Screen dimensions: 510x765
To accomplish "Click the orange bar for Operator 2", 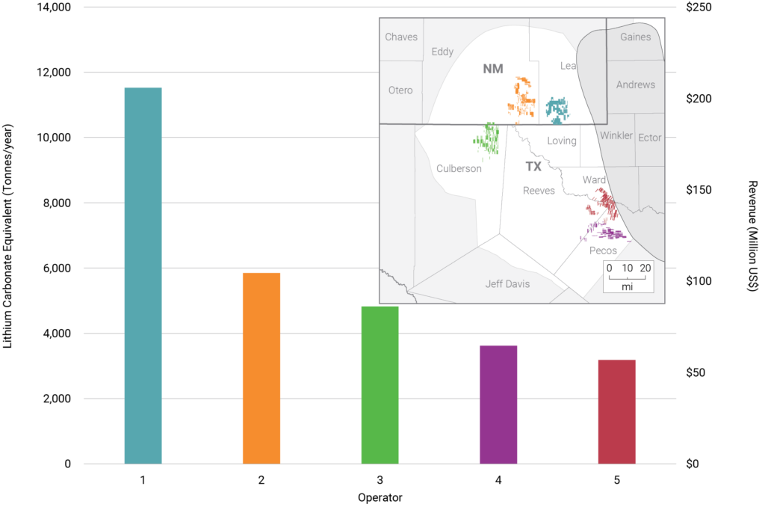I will (x=261, y=368).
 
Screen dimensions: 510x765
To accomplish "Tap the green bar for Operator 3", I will (x=380, y=384).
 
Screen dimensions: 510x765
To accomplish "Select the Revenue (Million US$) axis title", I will (x=753, y=236).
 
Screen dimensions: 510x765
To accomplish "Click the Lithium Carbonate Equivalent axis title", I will (x=8, y=236).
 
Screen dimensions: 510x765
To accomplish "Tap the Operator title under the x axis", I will (x=380, y=497).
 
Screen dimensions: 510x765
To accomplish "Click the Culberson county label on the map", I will (x=459, y=169).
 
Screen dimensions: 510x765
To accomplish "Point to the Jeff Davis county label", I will (x=506, y=284).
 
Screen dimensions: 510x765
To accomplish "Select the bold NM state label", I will (x=493, y=69).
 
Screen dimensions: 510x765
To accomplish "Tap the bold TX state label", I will (x=533, y=166).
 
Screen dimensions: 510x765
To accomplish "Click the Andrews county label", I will (x=635, y=85).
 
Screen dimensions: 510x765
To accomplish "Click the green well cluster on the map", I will (x=488, y=138).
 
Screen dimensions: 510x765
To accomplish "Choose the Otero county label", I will (x=400, y=90).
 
